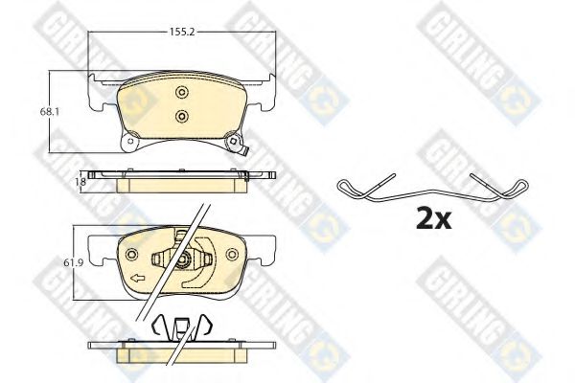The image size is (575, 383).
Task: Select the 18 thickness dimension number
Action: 82,181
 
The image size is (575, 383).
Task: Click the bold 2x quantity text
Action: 434,219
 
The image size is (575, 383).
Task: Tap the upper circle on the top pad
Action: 181,92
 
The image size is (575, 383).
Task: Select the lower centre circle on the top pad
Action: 181,116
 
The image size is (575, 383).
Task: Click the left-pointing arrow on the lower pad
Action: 138,279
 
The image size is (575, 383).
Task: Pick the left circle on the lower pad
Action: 131,254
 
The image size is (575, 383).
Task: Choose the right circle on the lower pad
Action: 232,254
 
